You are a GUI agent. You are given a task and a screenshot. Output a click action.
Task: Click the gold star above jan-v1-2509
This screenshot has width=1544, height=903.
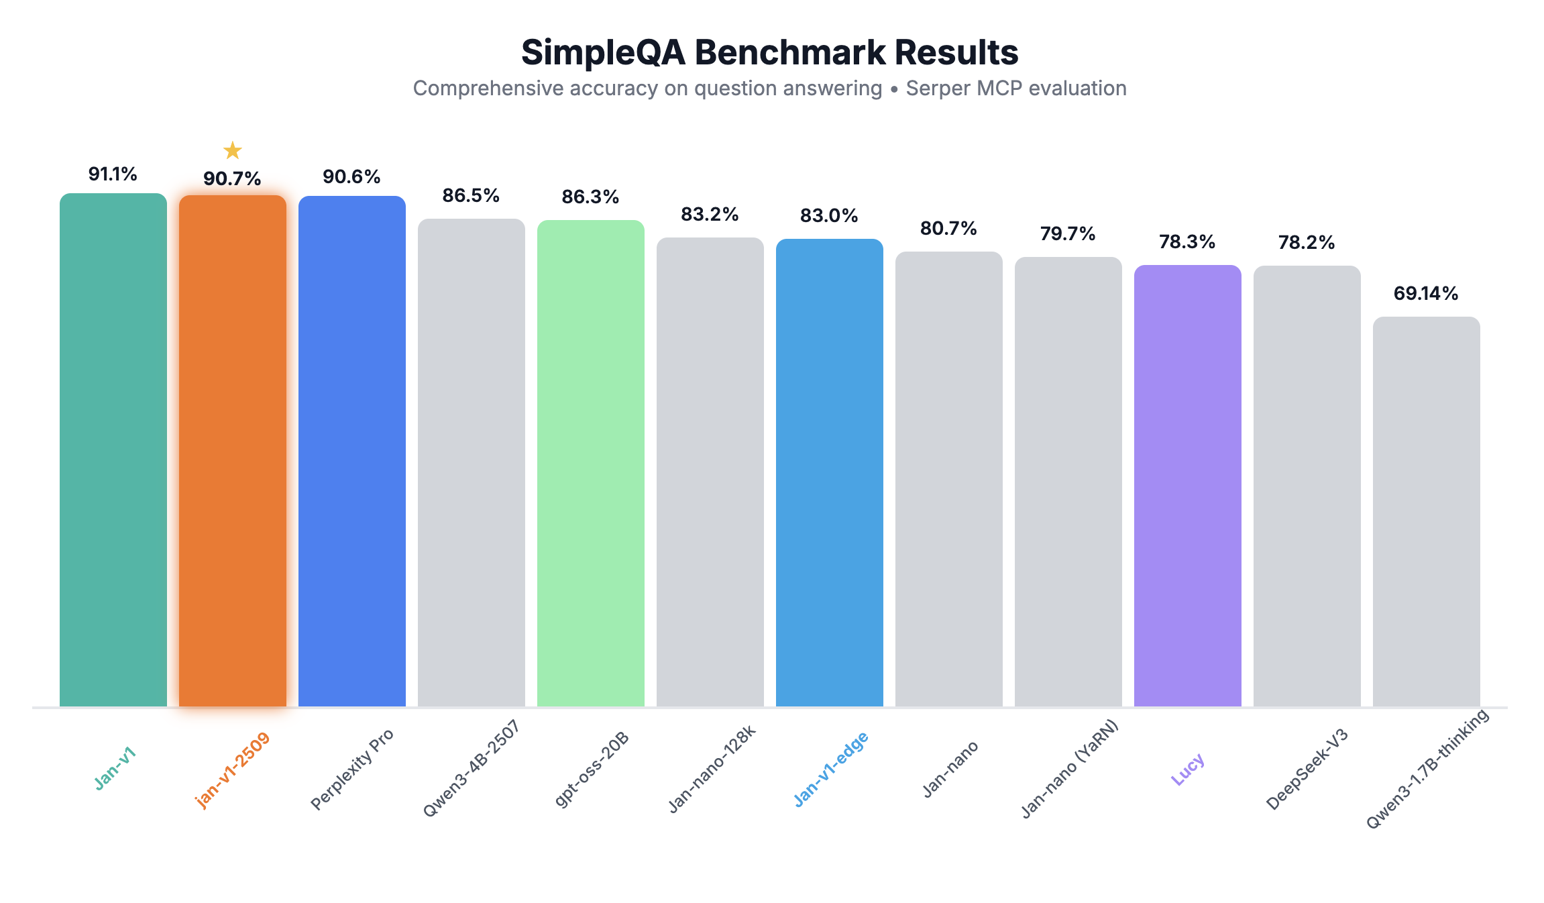(x=232, y=150)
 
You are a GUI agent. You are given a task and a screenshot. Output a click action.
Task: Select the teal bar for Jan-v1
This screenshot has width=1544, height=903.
(x=113, y=449)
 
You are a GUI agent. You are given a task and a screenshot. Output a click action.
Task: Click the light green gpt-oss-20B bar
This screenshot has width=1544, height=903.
(x=591, y=463)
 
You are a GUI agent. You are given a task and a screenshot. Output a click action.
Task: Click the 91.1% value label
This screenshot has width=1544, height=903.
(x=113, y=174)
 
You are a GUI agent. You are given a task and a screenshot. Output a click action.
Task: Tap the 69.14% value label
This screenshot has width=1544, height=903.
(x=1426, y=293)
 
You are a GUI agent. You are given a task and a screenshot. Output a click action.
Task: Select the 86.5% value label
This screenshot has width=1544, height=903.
(x=471, y=196)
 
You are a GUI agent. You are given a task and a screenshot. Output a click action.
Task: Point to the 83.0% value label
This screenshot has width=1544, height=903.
(x=829, y=216)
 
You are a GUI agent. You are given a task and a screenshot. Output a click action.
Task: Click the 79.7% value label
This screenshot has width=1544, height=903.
(x=1068, y=234)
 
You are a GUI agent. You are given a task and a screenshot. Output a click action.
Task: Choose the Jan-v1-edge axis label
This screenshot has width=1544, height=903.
(x=831, y=769)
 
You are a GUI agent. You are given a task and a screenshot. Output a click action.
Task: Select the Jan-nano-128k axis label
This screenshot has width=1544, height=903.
(x=712, y=769)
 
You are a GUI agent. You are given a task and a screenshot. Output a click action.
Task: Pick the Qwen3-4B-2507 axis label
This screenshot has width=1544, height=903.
(x=471, y=769)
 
